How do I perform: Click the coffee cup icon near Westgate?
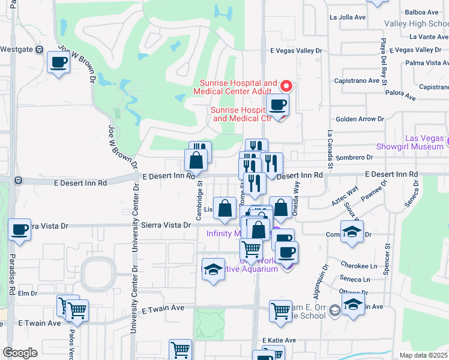[59, 62]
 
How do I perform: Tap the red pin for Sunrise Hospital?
[286, 86]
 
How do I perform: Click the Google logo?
[20, 352]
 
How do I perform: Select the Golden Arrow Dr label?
[359, 119]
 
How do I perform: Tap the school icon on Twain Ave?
[355, 305]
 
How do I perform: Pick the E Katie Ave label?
[279, 340]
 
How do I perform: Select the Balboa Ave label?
[422, 12]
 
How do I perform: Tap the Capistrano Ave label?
[357, 81]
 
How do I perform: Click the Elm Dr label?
[28, 293]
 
